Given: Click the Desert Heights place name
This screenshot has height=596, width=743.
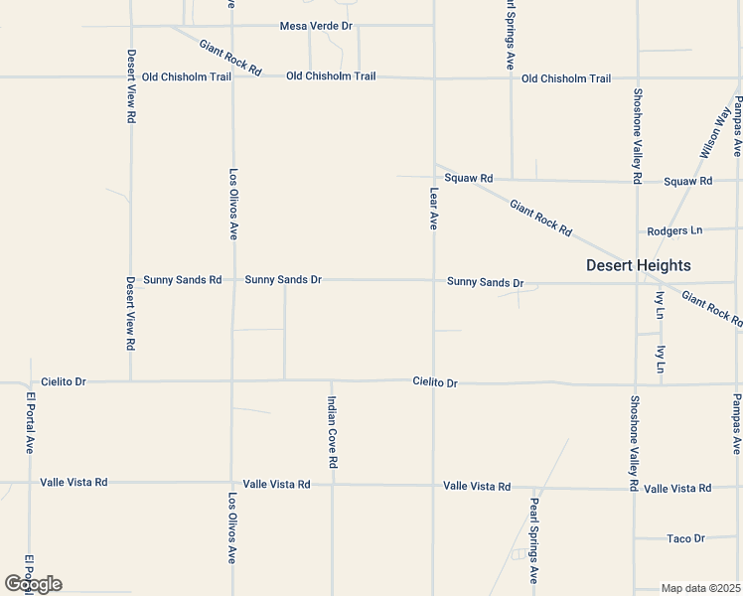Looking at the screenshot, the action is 638,265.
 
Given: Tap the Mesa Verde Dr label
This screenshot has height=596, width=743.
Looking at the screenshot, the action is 317,26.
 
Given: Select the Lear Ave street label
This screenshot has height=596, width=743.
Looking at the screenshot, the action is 433,209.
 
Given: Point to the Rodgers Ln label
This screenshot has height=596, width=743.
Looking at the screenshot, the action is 673,230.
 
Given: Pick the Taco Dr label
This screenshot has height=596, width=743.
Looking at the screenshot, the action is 685,538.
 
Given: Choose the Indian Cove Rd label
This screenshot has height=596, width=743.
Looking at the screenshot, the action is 333,432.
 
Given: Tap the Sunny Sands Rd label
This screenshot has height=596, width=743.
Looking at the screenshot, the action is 182,280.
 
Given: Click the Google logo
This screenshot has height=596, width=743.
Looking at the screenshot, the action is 33,584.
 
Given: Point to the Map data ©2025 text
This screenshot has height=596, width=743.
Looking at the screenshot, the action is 701,588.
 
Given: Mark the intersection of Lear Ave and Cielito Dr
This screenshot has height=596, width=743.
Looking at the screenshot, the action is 433,380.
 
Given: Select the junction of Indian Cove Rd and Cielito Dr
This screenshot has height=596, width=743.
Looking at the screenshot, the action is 332,379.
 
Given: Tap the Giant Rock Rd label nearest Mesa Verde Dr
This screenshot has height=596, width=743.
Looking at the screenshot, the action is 229,59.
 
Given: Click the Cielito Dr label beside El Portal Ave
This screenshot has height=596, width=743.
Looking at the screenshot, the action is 65,381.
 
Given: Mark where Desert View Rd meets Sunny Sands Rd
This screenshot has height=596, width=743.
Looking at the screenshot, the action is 131,280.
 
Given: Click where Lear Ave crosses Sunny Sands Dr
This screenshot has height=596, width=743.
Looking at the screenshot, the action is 433,280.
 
